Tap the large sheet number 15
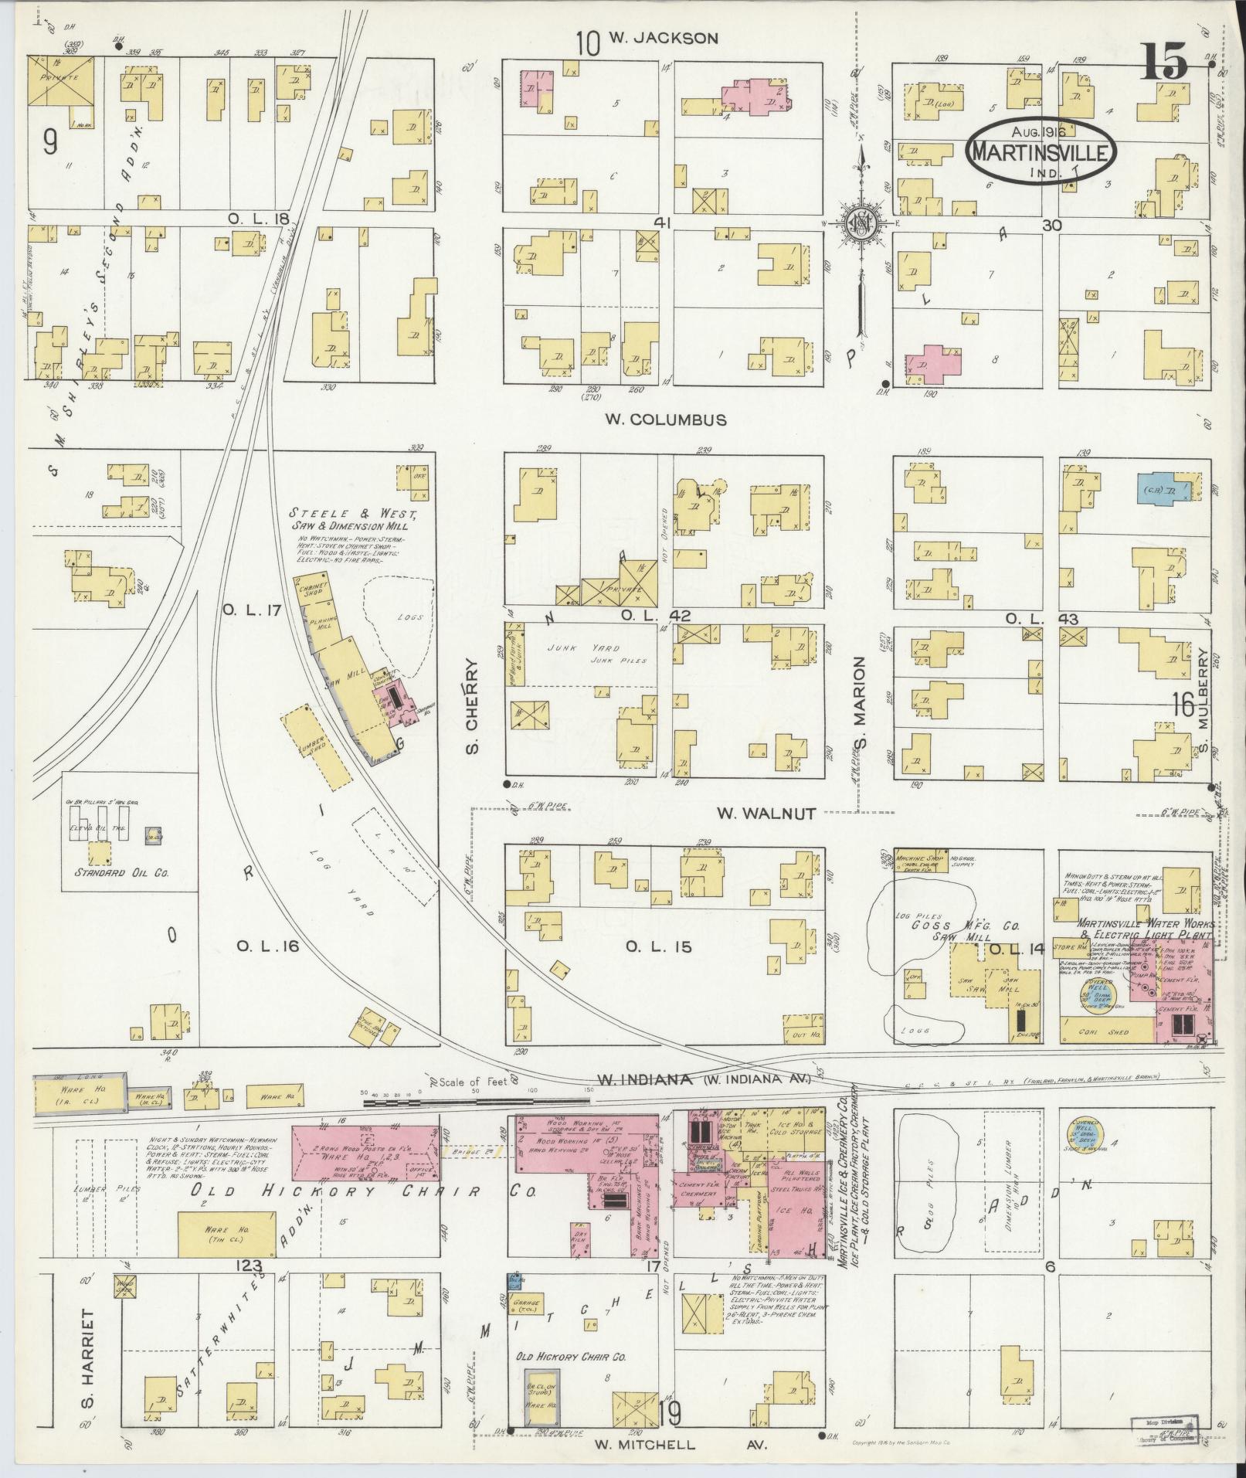[x=1164, y=63]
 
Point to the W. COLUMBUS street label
[x=665, y=420]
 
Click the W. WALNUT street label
[x=766, y=812]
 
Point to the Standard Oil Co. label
[x=121, y=875]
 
